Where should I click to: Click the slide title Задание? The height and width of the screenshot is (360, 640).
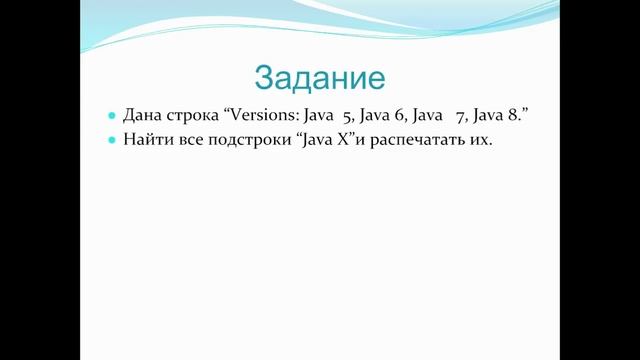click(x=320, y=77)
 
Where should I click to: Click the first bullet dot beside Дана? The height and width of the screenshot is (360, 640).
click(x=112, y=117)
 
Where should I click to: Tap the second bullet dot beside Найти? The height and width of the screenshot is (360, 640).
click(x=112, y=141)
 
